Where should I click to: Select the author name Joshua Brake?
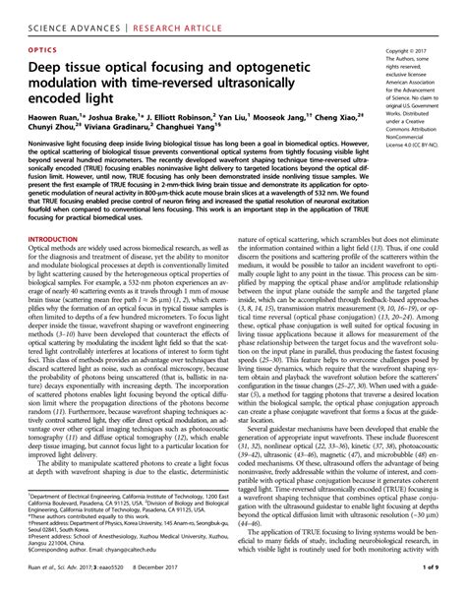117,115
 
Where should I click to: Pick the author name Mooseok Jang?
285,115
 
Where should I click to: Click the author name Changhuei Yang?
200,128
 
